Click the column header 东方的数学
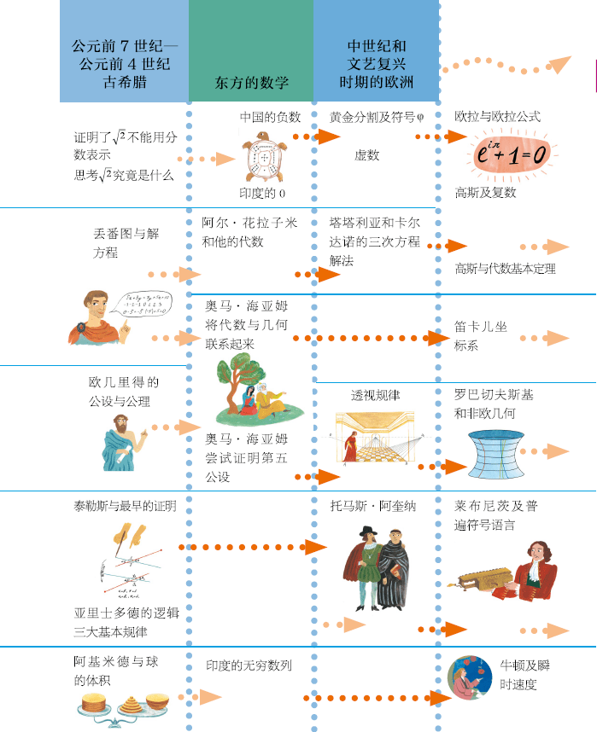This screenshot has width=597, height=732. tap(251, 83)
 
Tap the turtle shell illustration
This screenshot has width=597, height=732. tap(266, 158)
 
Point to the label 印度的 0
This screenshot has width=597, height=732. tap(262, 193)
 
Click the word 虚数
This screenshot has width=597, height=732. tap(367, 155)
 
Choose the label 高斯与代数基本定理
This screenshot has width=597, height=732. tap(506, 269)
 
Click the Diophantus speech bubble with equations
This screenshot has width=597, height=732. tap(143, 304)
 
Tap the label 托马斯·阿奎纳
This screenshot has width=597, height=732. tap(373, 506)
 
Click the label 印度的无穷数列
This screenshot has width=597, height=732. tap(249, 665)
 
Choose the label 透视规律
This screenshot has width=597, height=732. tap(375, 396)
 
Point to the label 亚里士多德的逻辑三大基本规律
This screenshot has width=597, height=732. tap(126, 623)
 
